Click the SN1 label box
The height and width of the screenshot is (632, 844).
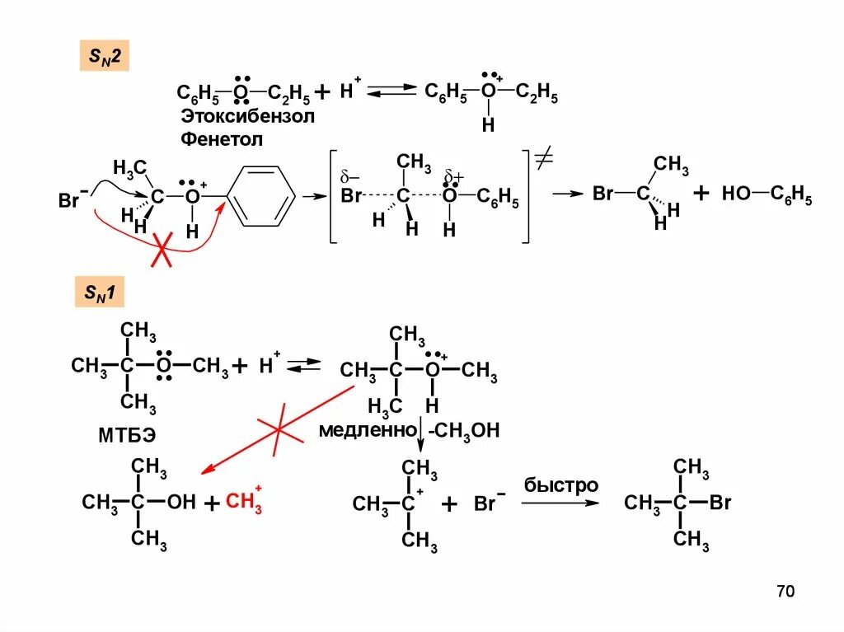point(100,293)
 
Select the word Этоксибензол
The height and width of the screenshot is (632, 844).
point(247,116)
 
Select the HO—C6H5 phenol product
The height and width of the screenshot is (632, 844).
point(767,196)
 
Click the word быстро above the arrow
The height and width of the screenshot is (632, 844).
point(561,485)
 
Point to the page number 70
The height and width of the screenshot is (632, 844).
point(785,592)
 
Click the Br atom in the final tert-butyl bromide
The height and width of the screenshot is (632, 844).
point(720,503)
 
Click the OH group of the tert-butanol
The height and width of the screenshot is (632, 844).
point(181,502)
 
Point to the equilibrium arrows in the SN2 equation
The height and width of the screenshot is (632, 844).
point(391,91)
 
